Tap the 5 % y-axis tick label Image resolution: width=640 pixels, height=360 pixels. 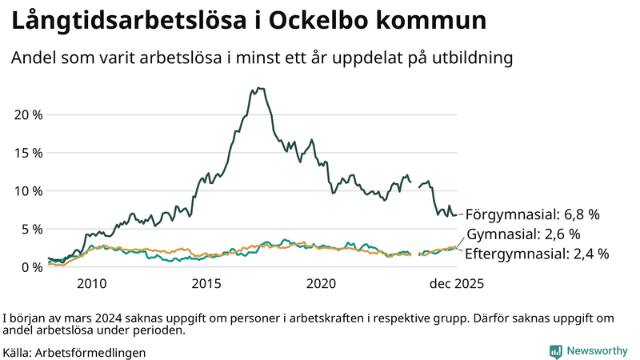pos(32,229)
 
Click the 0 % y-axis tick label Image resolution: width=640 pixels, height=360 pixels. pos(32,266)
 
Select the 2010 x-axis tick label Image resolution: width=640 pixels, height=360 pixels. pos(91,283)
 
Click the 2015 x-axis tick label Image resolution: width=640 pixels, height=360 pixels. pos(206,283)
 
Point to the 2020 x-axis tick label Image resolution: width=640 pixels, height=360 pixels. pos(322,283)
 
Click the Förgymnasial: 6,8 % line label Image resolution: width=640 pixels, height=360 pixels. pos(532,214)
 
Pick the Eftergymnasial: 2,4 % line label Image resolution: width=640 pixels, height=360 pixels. pos(537,254)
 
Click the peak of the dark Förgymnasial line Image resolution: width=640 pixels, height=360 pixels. pos(259,88)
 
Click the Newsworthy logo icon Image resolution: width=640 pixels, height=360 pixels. pos(555,351)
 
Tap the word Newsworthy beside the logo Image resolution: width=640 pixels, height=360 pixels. pos(597,351)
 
